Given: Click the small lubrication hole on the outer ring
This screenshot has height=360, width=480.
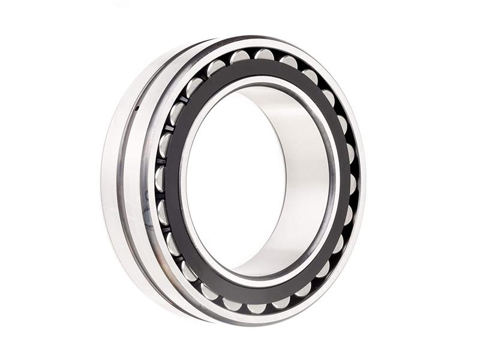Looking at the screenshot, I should click(137, 108).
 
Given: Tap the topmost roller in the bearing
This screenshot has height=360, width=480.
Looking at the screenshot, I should click(264, 55).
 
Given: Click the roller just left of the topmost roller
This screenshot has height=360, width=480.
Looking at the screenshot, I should click(240, 57).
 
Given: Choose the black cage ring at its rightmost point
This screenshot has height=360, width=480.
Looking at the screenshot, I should click(343, 180).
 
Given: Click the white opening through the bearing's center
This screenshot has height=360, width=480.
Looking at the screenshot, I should click(234, 180).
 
